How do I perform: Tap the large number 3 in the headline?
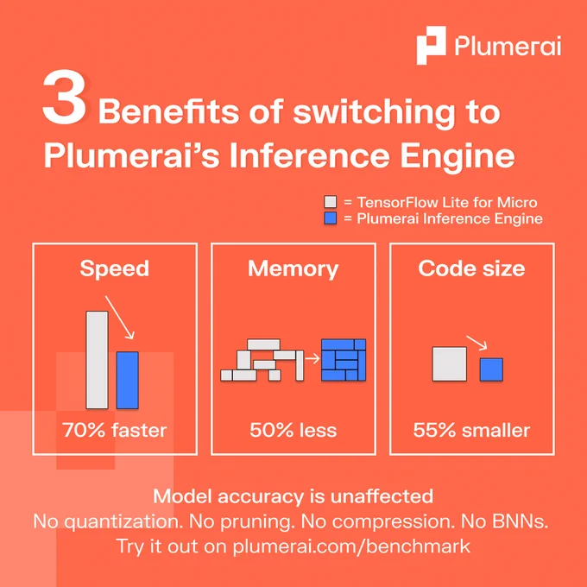coord(65,98)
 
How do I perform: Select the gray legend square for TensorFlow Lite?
coord(330,202)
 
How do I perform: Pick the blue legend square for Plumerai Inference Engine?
coord(330,218)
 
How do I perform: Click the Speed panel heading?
coord(115,268)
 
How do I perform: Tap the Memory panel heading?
coord(293,268)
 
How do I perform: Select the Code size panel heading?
coord(471,268)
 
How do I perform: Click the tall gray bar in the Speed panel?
coord(97,360)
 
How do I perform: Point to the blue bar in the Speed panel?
coord(127,380)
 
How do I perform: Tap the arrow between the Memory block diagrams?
coord(312,358)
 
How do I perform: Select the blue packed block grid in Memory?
coord(344,360)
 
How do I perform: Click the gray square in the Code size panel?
coord(450,364)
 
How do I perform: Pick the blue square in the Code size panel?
coord(491,369)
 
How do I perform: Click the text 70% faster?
coord(115,430)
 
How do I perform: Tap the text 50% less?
coord(293,430)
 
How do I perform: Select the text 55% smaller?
coord(471,430)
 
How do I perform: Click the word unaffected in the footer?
coord(382,496)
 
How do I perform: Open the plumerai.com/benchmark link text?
coord(351,546)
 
